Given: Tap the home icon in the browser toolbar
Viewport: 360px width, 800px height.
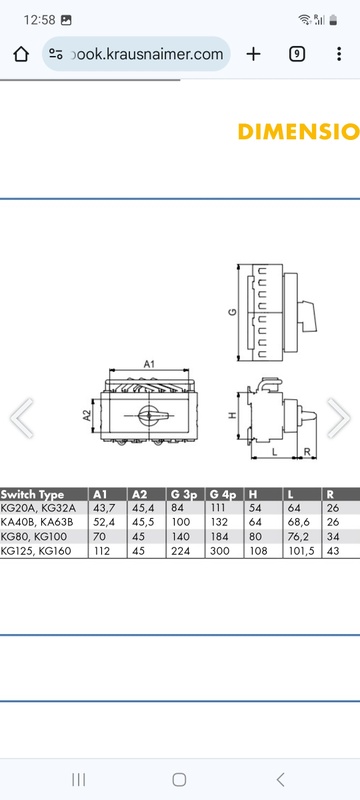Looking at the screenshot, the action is tap(21, 54).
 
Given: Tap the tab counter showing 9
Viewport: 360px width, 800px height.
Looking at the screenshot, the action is tap(297, 54).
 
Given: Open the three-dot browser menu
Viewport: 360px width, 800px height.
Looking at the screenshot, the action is tap(339, 54).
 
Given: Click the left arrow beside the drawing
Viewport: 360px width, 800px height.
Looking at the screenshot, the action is tap(21, 418).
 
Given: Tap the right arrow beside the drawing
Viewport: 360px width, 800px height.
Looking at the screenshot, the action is tap(339, 418).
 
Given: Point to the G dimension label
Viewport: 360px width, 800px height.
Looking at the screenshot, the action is tap(233, 312).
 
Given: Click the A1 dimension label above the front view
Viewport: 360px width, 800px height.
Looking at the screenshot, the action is tap(149, 364).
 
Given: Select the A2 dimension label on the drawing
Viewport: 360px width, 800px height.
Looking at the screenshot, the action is tap(87, 416).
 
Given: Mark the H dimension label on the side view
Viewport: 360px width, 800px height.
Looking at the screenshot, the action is tap(233, 415).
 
